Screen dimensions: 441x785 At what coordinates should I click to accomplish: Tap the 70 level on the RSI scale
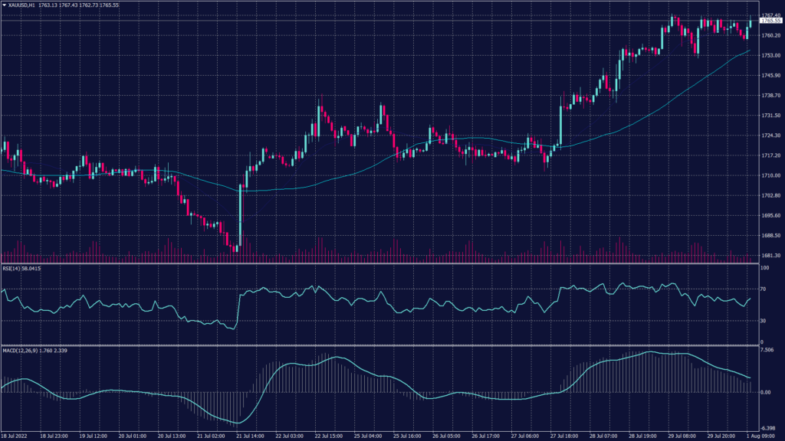(x=763, y=289)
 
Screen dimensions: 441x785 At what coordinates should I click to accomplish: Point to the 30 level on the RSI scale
(x=763, y=321)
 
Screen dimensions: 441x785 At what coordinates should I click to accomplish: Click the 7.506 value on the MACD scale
(x=767, y=349)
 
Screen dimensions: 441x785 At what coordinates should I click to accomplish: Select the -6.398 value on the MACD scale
(x=767, y=428)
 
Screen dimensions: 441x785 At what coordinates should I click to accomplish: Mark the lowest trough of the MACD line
(x=238, y=423)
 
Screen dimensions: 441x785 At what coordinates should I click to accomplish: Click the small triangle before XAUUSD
(x=4, y=5)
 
